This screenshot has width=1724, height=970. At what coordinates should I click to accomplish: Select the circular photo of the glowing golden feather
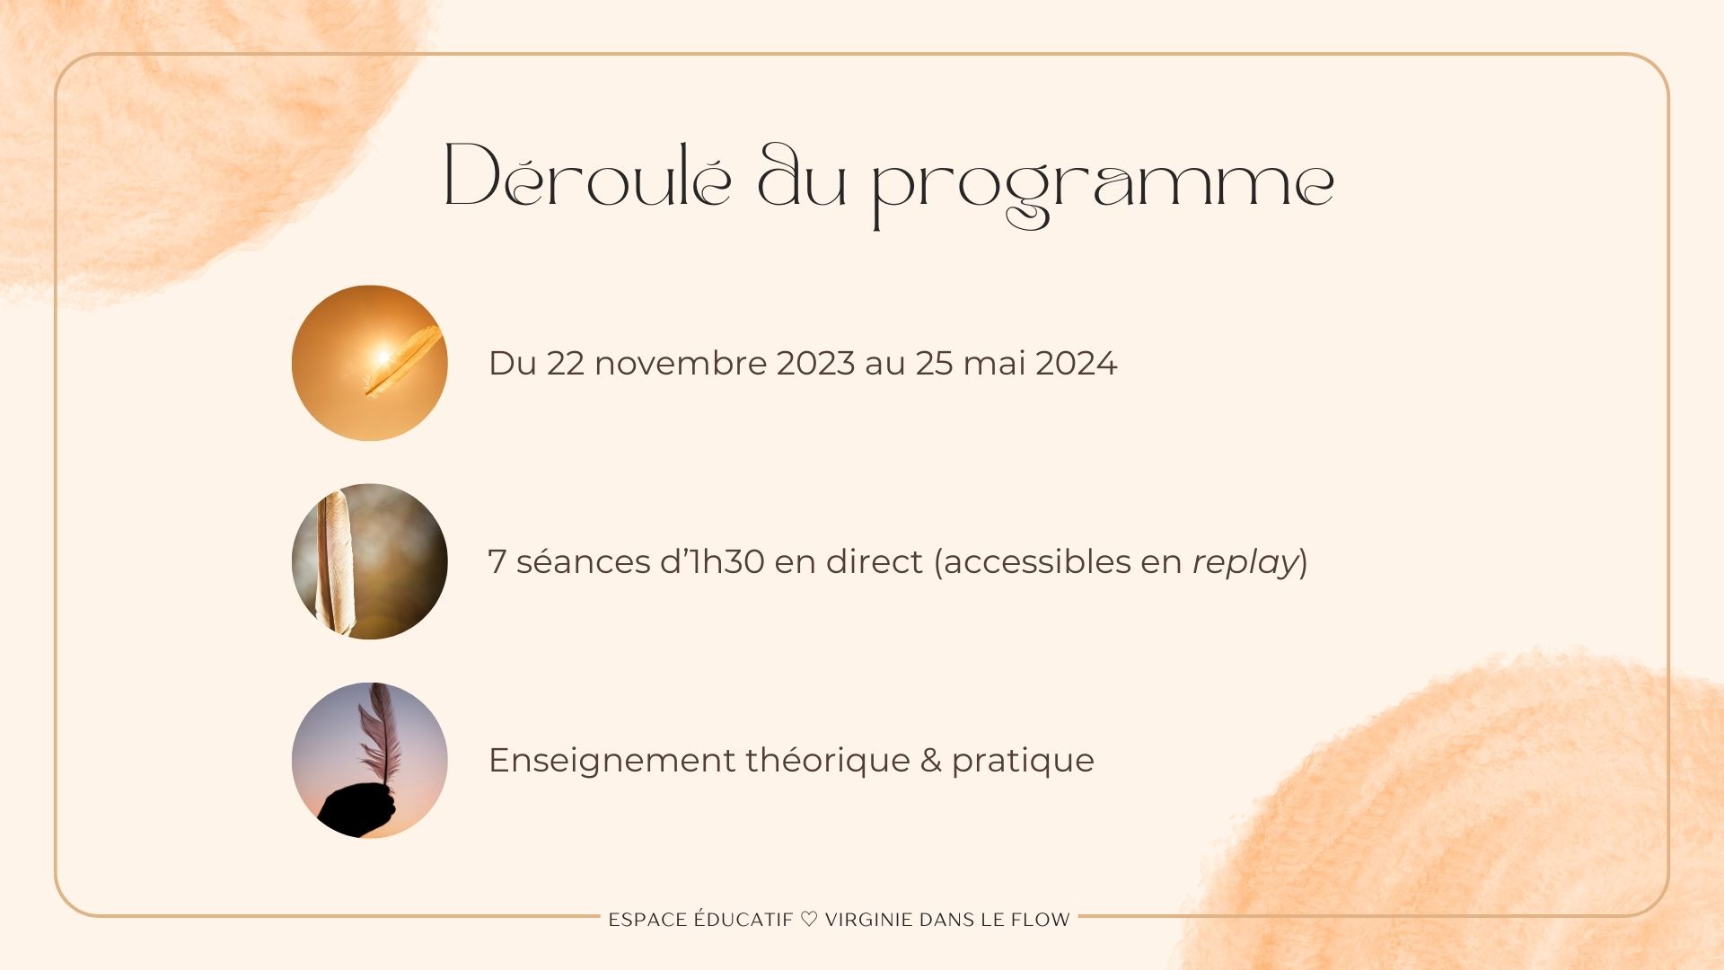coord(370,363)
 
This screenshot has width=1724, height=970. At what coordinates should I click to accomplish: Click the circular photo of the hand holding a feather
coord(370,760)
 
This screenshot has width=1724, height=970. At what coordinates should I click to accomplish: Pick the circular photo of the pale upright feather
coord(370,561)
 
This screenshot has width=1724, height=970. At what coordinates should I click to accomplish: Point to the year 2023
coord(815,363)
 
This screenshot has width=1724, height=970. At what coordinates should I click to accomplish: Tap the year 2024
coord(1077,363)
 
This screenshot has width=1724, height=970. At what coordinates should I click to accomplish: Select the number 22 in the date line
coord(566,363)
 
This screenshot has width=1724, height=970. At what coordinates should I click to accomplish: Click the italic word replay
coord(1245,563)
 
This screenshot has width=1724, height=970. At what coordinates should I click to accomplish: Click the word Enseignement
coord(612,761)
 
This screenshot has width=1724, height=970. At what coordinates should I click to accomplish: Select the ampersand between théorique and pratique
coord(931,761)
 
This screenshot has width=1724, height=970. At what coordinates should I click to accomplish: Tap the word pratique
coord(1023,762)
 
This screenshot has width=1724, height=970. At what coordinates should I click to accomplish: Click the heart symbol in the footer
coord(809,920)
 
